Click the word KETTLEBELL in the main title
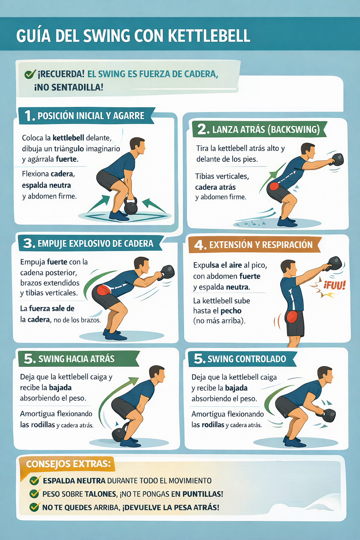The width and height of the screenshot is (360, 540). [209, 36]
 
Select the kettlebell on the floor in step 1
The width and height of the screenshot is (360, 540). [130, 205]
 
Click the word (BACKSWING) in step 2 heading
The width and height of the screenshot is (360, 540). [294, 129]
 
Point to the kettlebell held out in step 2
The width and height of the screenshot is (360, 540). [337, 160]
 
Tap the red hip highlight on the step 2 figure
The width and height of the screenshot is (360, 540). [274, 186]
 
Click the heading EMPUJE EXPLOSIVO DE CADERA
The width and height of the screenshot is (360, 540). [96, 244]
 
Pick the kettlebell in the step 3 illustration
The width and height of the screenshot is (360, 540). [167, 272]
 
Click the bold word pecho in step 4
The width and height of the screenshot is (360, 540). [231, 311]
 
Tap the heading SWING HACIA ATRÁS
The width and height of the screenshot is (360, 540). [76, 359]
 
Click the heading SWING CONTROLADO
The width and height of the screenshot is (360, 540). [247, 359]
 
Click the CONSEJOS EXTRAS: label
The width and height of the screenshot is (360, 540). [69, 464]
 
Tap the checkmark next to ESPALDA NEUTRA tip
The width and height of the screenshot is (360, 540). [34, 480]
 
